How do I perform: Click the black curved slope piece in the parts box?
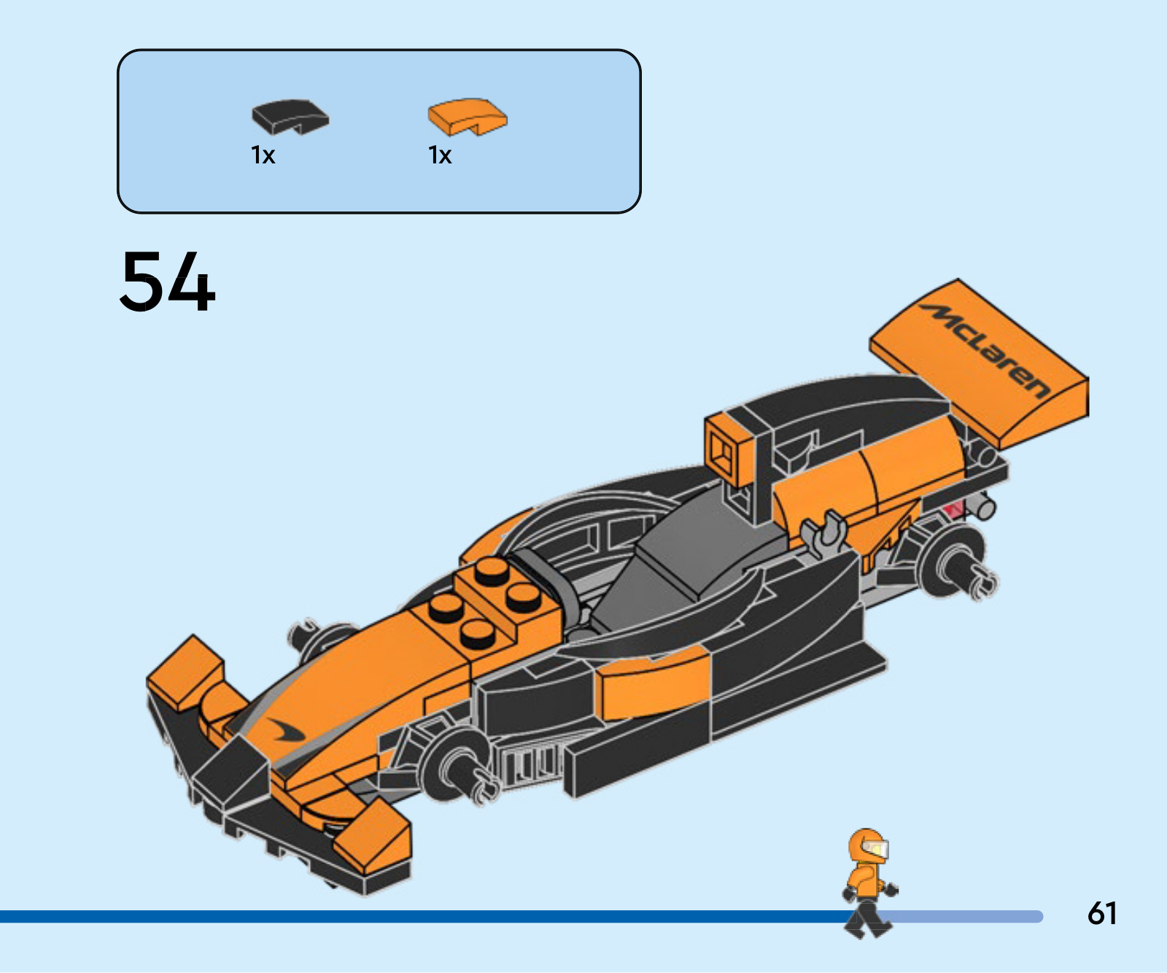point(290,117)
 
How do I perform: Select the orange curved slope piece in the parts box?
point(468,117)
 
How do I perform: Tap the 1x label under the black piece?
point(263,155)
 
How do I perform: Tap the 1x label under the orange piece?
point(440,155)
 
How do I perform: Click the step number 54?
point(168,282)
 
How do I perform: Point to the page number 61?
point(1102,913)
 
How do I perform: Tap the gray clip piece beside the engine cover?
point(824,532)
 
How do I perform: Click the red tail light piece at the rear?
point(953,508)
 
